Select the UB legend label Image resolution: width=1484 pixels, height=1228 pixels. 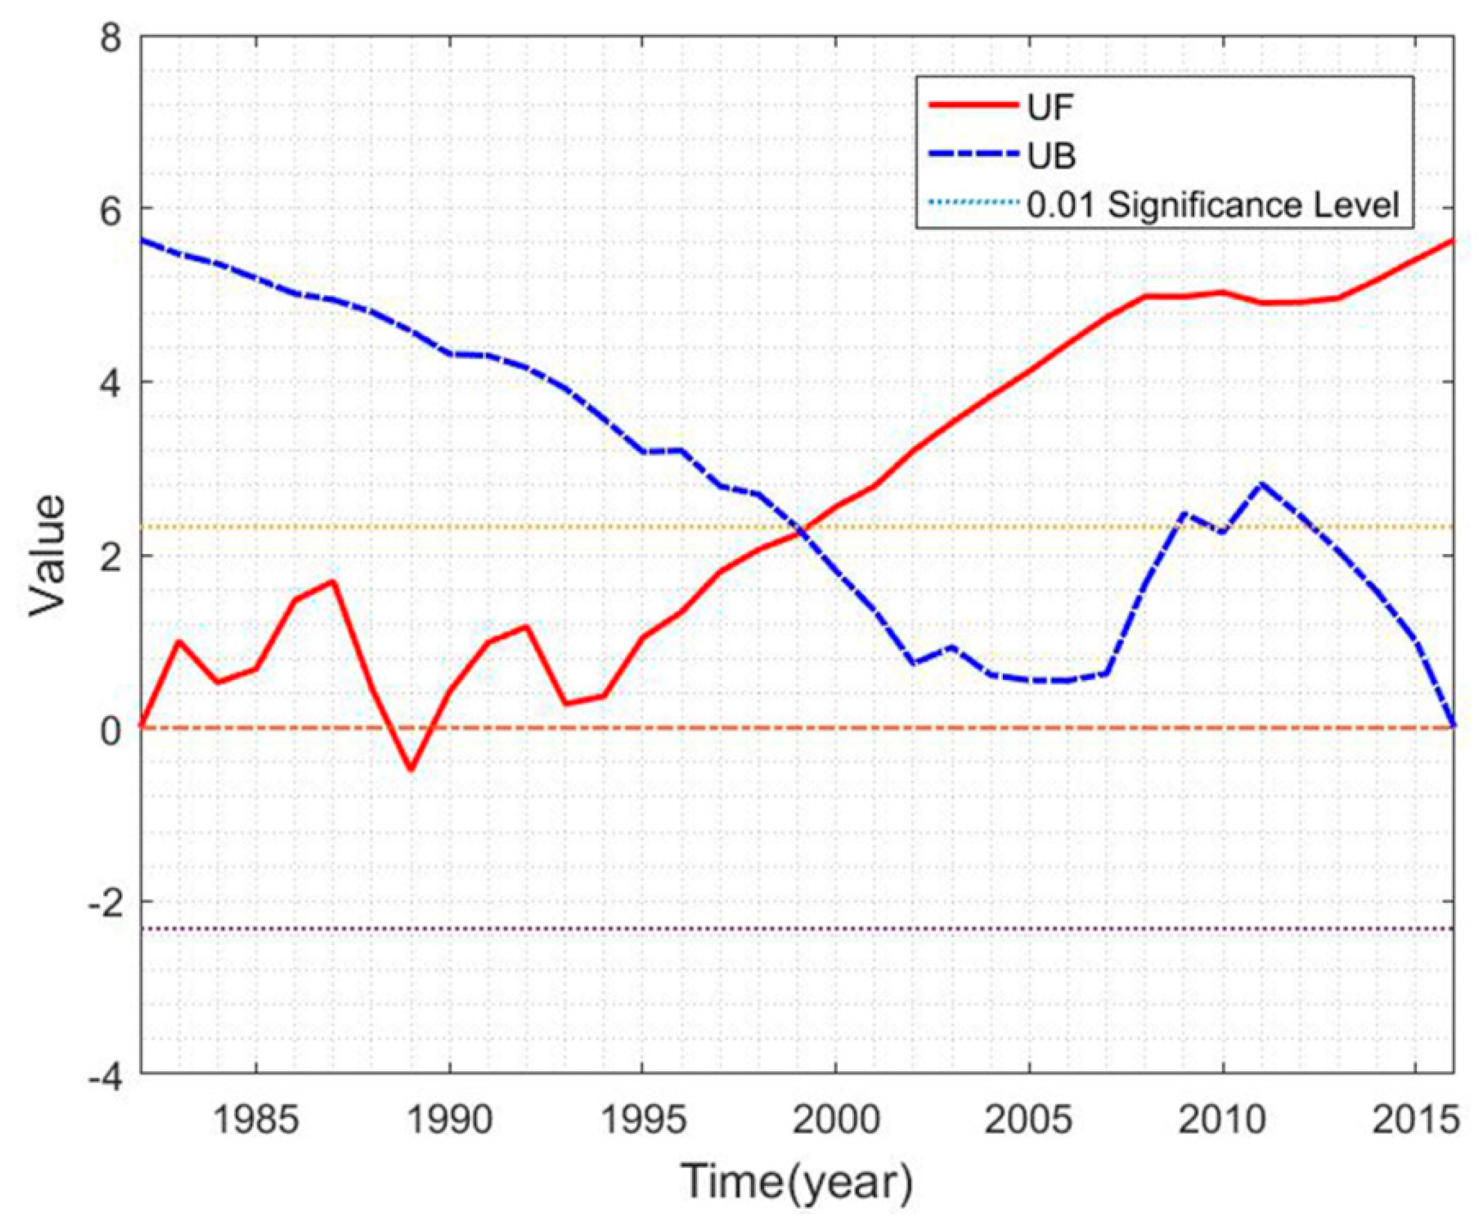click(1052, 156)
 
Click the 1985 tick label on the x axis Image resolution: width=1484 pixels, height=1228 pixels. click(255, 1121)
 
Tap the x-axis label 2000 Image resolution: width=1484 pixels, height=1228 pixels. click(836, 1121)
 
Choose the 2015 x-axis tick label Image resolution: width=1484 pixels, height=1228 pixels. click(1416, 1121)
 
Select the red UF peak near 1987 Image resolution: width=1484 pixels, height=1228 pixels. click(332, 581)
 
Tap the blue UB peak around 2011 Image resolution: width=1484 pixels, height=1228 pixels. click(1261, 484)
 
